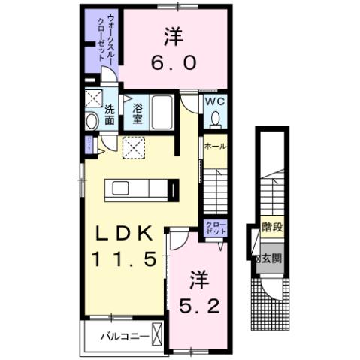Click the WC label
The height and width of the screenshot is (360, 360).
[216, 101]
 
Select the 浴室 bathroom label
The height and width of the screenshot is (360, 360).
[138, 113]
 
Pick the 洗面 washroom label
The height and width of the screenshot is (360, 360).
[110, 114]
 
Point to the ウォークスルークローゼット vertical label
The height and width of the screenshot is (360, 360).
[100, 42]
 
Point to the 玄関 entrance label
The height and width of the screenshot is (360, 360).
[271, 259]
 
